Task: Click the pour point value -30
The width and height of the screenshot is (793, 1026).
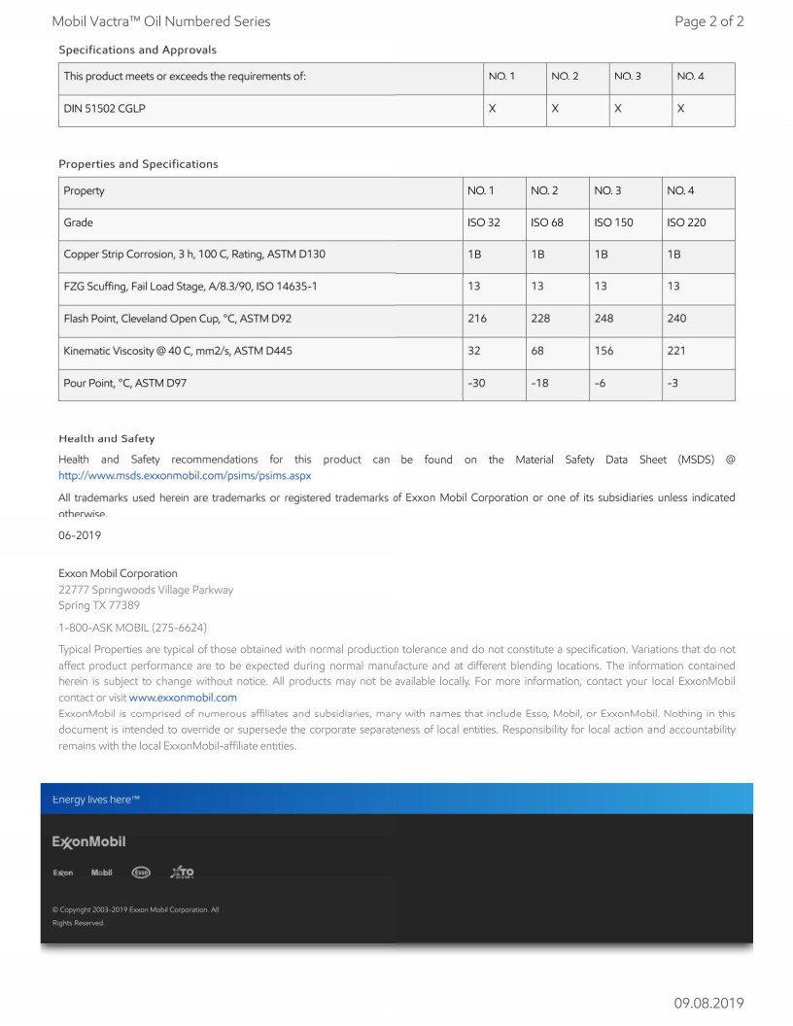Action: [476, 383]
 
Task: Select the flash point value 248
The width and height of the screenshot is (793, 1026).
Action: [603, 318]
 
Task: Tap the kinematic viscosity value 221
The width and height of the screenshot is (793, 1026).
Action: [676, 351]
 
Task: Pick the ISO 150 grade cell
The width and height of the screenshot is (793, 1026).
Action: [612, 222]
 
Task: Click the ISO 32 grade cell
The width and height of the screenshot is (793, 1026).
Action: [483, 222]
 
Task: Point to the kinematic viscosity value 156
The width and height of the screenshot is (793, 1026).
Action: [603, 351]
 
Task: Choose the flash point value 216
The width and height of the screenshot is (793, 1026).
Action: [477, 318]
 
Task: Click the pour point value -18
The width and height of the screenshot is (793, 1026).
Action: [539, 383]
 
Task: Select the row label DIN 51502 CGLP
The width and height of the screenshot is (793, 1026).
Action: [104, 109]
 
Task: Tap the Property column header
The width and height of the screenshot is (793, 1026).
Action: [84, 190]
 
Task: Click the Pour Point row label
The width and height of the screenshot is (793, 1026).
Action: [124, 383]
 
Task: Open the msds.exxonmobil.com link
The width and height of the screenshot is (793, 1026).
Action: [185, 476]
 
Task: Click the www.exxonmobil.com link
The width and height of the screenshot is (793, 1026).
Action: [183, 698]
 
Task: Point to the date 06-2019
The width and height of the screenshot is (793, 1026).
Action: [80, 534]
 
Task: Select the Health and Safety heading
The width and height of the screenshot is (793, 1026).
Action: [106, 439]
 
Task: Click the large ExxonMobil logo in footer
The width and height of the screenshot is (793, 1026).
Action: [88, 841]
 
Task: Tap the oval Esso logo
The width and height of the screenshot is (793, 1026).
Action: [141, 872]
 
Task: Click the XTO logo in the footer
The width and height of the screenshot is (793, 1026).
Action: [182, 872]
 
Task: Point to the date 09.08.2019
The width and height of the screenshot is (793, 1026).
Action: [708, 1003]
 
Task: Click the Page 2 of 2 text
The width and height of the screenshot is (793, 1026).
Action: [708, 21]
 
